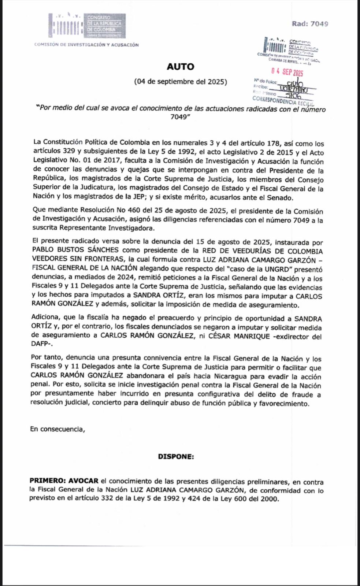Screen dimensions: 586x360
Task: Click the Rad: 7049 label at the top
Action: pos(310,24)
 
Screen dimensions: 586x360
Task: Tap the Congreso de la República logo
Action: pos(87,26)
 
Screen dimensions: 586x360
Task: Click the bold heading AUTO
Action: pos(180,67)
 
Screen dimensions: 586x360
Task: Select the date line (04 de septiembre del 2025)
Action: pos(180,82)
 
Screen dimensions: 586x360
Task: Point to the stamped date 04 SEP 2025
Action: pos(287,72)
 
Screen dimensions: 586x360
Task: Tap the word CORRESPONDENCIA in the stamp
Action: pos(274,100)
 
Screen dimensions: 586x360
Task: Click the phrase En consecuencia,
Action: pos(57,429)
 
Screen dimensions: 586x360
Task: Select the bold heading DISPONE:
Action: pos(176,457)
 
